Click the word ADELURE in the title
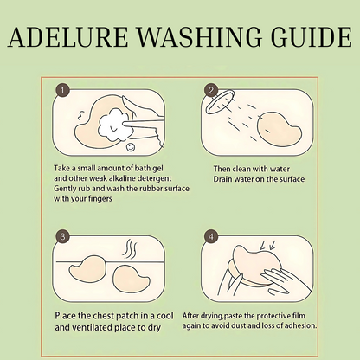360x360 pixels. (67, 37)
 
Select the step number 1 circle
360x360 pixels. (62, 91)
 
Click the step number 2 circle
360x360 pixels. (211, 91)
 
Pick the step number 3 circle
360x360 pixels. (62, 237)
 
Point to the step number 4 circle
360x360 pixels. (211, 237)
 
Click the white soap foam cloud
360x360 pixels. (113, 125)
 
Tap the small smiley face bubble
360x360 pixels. (131, 147)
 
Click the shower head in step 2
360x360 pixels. (220, 102)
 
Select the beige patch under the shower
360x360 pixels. (279, 129)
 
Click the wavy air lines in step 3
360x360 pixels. (130, 249)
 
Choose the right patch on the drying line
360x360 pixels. (132, 279)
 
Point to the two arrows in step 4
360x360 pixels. (267, 245)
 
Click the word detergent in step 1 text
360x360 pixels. (154, 178)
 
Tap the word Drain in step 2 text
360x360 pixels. (222, 179)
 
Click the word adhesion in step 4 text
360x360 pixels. (301, 325)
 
